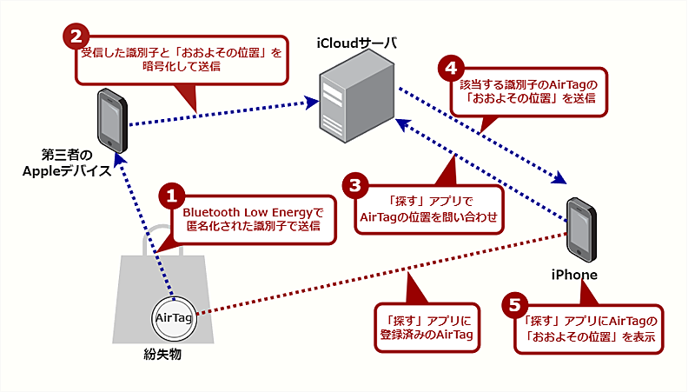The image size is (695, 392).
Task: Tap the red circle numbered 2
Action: point(76,37)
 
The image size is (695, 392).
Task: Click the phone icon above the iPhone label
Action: point(581,229)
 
